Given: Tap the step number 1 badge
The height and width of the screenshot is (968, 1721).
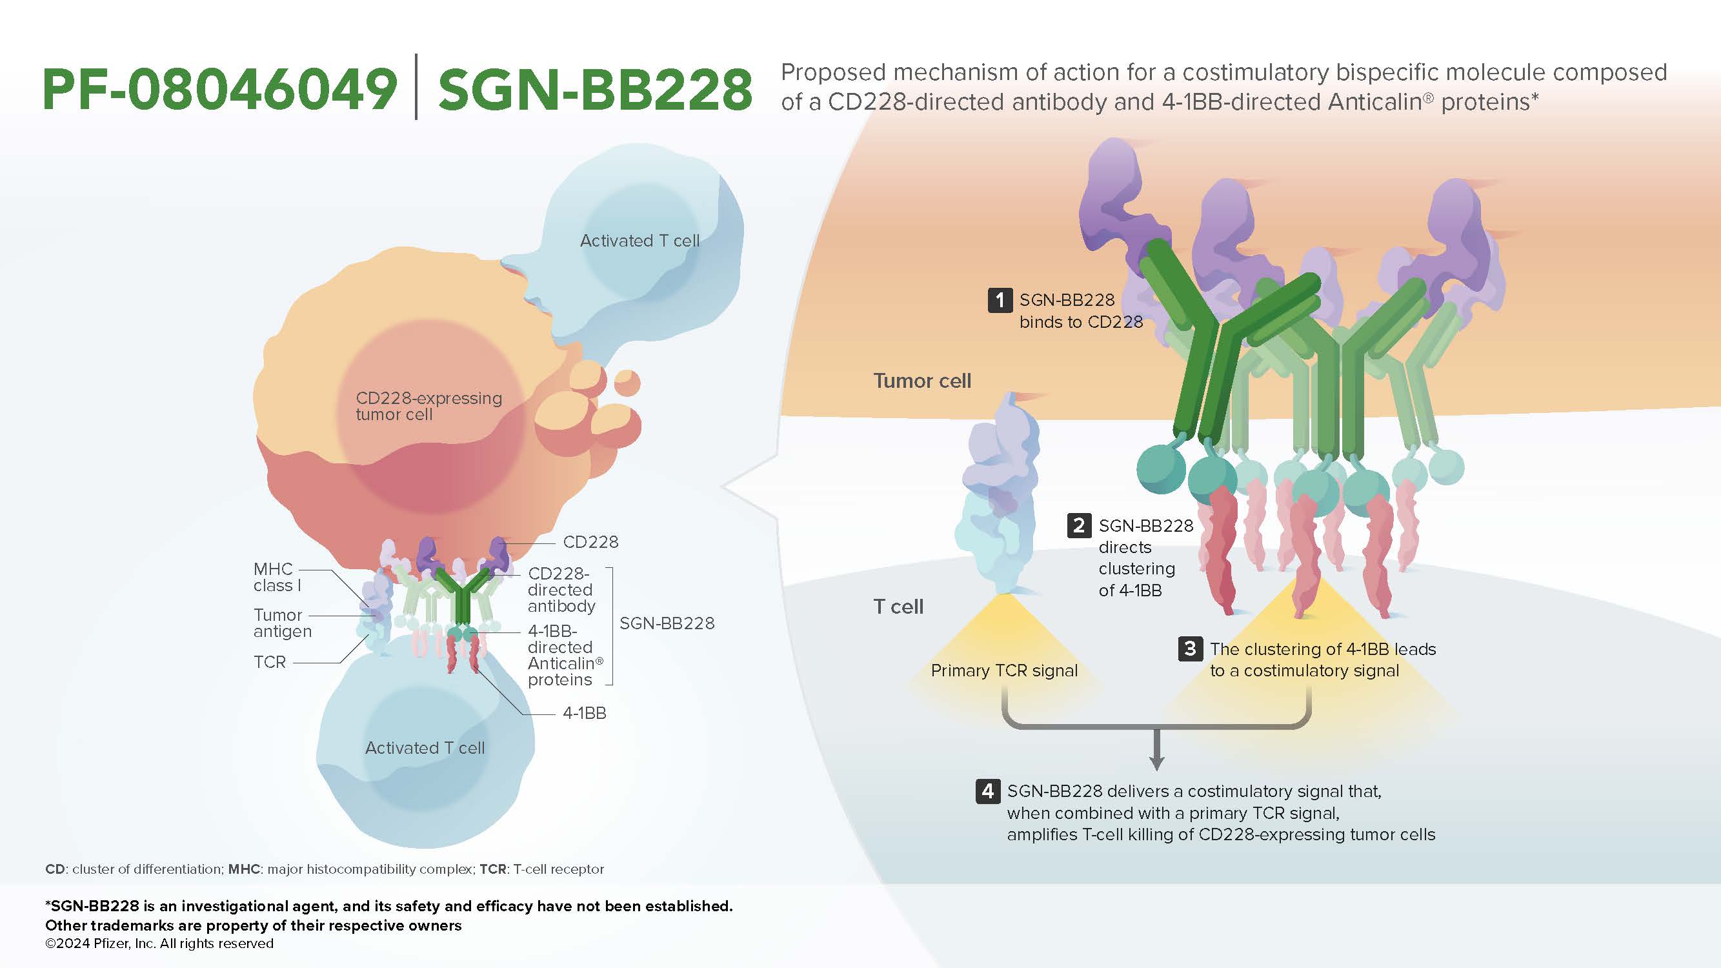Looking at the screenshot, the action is point(1000,300).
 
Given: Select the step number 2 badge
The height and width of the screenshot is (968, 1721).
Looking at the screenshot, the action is point(1079,526).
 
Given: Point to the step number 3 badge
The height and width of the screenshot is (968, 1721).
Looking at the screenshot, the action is point(1190,649).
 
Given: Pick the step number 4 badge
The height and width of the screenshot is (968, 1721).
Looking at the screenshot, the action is point(987,791).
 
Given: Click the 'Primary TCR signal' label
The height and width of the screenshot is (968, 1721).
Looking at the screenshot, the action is point(1004,671).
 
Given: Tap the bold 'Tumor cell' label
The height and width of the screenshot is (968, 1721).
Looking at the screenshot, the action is point(922,381).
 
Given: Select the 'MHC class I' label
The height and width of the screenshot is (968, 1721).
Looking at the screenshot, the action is point(277,577).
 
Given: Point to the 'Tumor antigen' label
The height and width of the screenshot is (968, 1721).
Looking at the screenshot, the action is point(283,623).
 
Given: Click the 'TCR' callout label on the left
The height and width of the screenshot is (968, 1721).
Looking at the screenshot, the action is point(270,662).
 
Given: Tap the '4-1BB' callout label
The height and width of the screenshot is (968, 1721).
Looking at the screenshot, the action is point(585,714).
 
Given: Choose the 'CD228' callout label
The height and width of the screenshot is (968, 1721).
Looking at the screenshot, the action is point(590,542).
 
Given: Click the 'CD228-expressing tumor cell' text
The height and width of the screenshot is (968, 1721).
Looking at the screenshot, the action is point(429,406).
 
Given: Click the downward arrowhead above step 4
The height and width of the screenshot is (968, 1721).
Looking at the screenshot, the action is point(1156,763).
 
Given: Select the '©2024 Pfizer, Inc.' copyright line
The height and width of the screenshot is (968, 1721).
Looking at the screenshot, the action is point(159,943).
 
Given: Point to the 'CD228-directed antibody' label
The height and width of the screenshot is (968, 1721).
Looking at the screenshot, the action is point(561,590).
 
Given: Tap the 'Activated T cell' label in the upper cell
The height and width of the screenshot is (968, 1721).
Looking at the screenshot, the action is point(639,241).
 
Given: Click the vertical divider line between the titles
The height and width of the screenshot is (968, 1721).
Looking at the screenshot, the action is point(416,87).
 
